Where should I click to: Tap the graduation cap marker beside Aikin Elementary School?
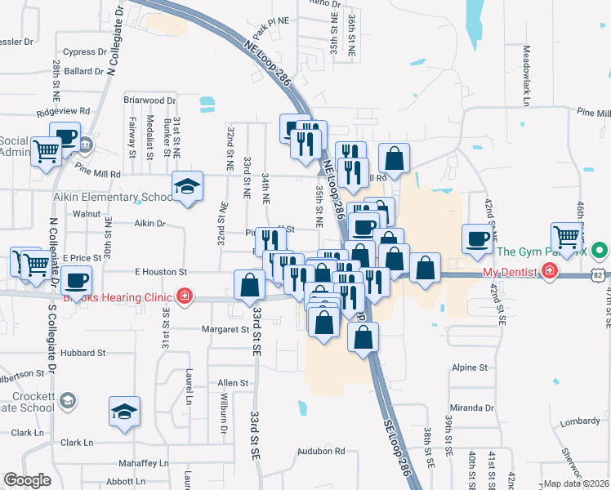pyautogui.click(x=187, y=189)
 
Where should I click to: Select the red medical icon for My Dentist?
pyautogui.click(x=551, y=271)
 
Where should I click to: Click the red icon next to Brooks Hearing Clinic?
pyautogui.click(x=185, y=296)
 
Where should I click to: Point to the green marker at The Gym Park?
pyautogui.click(x=600, y=251)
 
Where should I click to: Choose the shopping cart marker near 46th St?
pyautogui.click(x=565, y=237)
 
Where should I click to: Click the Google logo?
pyautogui.click(x=27, y=480)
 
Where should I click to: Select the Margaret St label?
pyautogui.click(x=226, y=330)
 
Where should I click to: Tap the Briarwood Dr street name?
pyautogui.click(x=149, y=100)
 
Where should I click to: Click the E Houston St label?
pyautogui.click(x=161, y=271)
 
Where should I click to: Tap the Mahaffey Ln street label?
pyautogui.click(x=144, y=463)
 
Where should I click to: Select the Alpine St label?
pyautogui.click(x=470, y=368)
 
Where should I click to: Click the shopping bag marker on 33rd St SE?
pyautogui.click(x=249, y=285)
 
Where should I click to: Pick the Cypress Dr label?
pyautogui.click(x=85, y=51)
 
